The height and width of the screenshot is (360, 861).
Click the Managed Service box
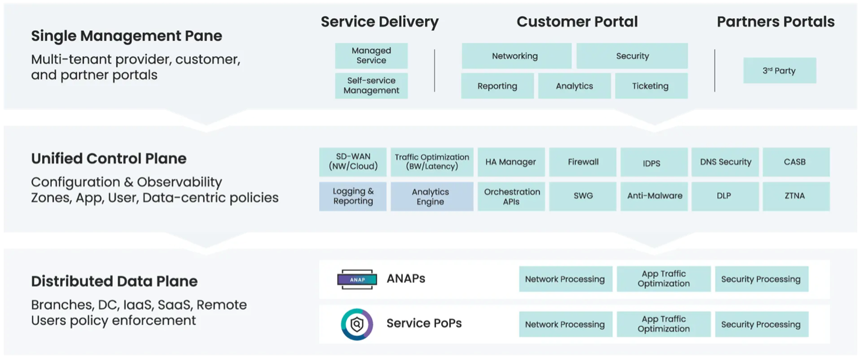(371, 56)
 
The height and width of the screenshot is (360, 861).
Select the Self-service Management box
(371, 85)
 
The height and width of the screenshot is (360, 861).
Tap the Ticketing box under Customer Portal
(650, 86)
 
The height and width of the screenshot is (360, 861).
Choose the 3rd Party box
(779, 70)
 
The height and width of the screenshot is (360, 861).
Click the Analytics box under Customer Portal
(574, 86)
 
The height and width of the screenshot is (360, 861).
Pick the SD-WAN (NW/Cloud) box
(353, 162)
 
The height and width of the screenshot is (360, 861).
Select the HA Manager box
(511, 162)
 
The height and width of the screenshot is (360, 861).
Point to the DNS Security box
(726, 162)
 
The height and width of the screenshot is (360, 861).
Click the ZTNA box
(795, 196)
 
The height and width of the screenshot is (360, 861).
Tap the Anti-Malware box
(654, 196)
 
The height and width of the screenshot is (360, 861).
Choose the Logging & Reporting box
(353, 196)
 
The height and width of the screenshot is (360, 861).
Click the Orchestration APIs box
(512, 196)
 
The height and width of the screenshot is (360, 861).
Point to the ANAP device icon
(356, 279)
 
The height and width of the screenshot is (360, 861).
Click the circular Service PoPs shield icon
(356, 324)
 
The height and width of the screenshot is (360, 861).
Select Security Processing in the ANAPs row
(761, 279)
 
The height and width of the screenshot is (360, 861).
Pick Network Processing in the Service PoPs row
(565, 324)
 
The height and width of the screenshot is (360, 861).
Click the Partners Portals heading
(776, 22)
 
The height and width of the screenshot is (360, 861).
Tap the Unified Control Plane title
(109, 159)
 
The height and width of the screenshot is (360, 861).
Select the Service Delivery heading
(379, 22)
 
